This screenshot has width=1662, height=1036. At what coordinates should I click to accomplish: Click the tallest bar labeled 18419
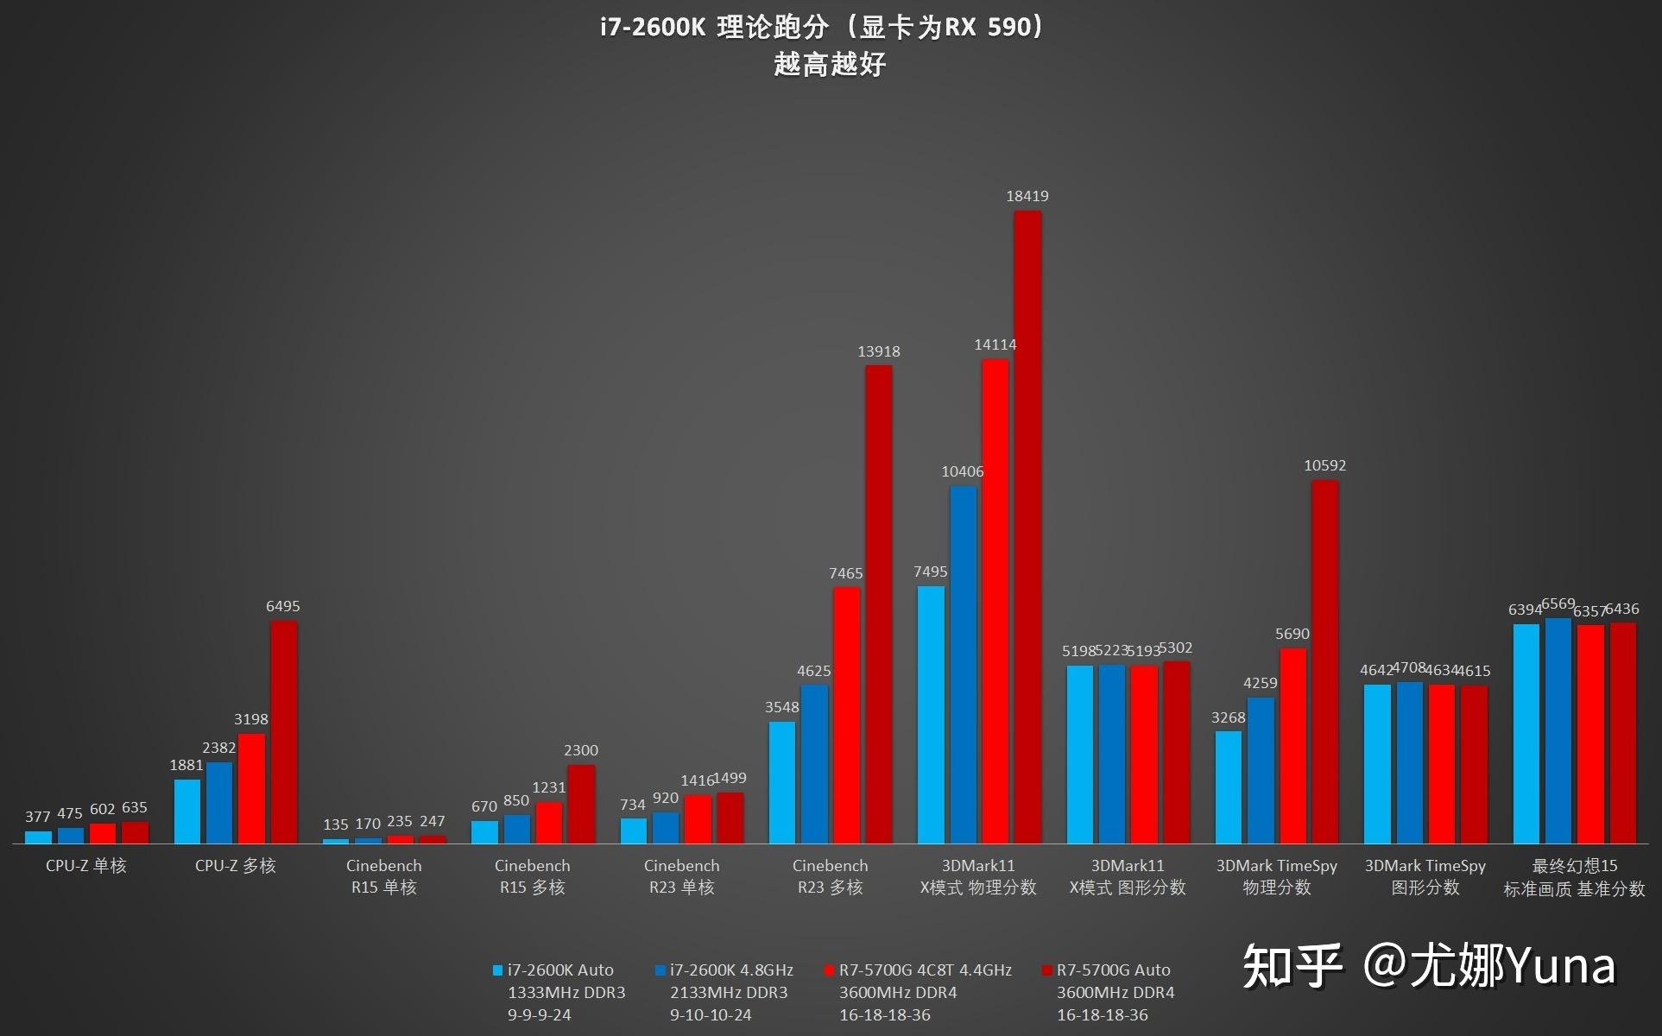point(1027,527)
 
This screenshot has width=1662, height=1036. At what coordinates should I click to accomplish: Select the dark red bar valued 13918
point(879,604)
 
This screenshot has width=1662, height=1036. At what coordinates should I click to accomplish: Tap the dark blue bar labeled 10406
point(964,665)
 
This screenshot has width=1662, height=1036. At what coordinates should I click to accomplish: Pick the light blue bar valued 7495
point(931,715)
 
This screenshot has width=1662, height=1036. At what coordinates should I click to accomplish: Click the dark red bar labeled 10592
point(1325,661)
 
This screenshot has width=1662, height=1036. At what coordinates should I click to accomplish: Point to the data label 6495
point(283,606)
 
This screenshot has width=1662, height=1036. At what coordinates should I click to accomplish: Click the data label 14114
point(995,344)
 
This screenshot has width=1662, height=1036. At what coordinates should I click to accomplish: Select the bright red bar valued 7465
point(847,715)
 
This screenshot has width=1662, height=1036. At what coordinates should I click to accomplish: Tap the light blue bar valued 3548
point(782,782)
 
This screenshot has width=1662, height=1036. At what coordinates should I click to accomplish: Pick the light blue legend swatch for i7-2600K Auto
point(497,970)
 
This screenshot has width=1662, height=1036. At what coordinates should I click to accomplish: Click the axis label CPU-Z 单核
point(86,866)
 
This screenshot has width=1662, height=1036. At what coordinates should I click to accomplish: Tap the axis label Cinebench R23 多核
point(831,876)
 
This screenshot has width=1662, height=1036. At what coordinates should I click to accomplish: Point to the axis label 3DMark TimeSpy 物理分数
point(1277,876)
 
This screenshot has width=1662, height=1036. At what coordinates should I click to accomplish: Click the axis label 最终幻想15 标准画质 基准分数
point(1575,877)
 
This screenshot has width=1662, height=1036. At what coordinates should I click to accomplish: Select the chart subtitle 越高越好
point(831,65)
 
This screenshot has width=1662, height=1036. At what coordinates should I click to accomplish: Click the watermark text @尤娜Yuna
point(1489,966)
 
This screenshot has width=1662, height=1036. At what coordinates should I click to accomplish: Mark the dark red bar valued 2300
point(581,804)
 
